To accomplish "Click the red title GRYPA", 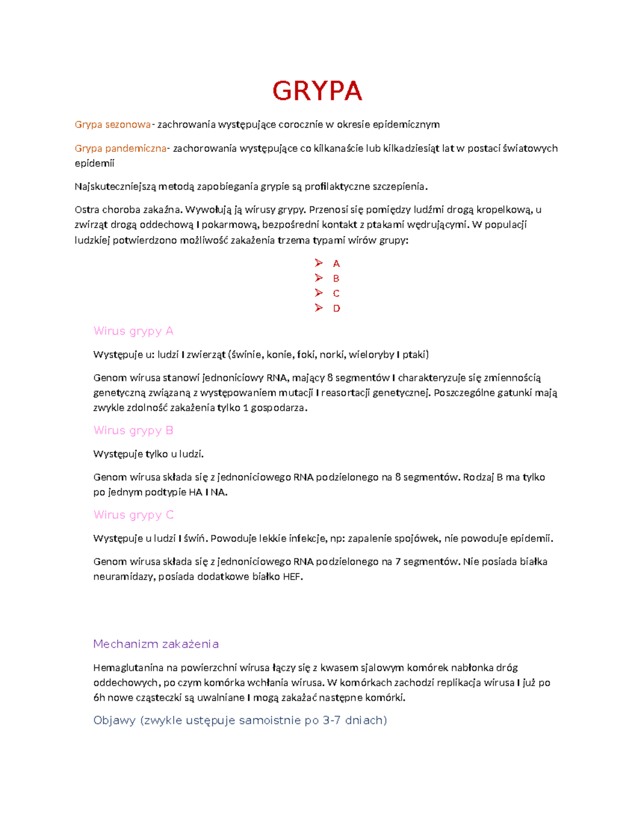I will coord(317,91).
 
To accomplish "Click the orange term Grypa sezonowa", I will coord(113,124).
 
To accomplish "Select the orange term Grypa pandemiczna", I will coord(121,148).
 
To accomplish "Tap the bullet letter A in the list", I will coord(336,264).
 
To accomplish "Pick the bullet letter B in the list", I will coord(336,278).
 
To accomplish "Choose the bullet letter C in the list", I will coord(336,293).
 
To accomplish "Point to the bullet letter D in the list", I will coord(337,308).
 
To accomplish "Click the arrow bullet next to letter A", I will coord(319,263).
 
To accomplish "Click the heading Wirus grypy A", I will coord(133,331).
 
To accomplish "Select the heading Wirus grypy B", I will coord(133,430).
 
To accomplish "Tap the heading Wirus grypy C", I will coord(133,515).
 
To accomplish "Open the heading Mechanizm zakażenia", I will coord(156,644).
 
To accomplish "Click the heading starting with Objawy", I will coord(240,720).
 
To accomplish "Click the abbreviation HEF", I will coord(292,577).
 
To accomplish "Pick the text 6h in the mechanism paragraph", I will coord(99,698).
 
